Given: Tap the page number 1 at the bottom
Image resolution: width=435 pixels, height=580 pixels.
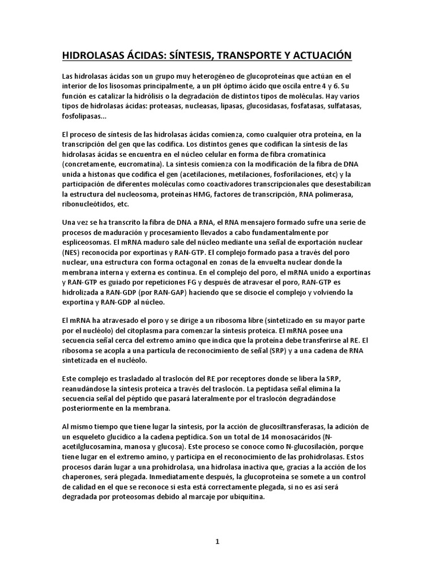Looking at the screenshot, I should pos(217,541).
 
